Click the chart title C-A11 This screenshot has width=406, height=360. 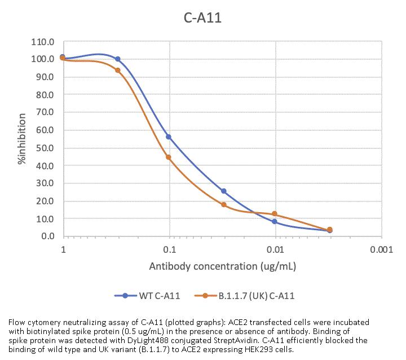[203, 18]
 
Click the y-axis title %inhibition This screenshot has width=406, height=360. [21, 139]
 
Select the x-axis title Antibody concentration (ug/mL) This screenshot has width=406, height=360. [222, 266]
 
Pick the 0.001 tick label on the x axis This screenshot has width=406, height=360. [382, 249]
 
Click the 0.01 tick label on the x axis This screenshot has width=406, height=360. [275, 249]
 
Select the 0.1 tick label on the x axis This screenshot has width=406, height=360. [169, 249]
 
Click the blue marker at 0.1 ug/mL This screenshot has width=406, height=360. [169, 137]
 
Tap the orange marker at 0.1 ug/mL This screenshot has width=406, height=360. [169, 157]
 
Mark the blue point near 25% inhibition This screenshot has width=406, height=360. [224, 191]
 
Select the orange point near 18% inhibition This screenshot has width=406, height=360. [224, 204]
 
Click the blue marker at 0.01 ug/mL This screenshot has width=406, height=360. [275, 222]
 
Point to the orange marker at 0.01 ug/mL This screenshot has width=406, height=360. [275, 214]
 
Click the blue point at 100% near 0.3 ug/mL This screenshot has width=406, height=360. [118, 59]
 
